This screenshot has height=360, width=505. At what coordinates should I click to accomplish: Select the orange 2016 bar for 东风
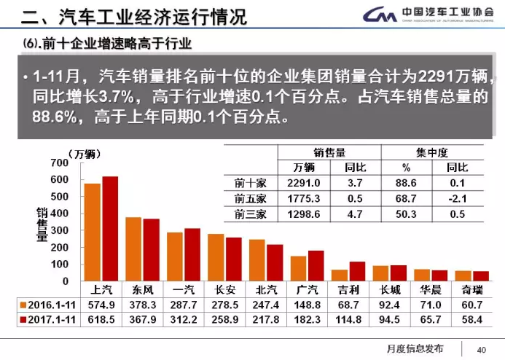pyautogui.click(x=133, y=249)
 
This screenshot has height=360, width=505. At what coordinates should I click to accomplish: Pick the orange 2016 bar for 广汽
pyautogui.click(x=299, y=268)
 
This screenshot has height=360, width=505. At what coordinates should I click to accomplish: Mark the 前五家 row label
pyautogui.click(x=250, y=198)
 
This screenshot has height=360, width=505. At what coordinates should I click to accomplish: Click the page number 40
pyautogui.click(x=481, y=348)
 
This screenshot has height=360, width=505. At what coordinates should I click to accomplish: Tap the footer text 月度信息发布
pyautogui.click(x=415, y=348)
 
